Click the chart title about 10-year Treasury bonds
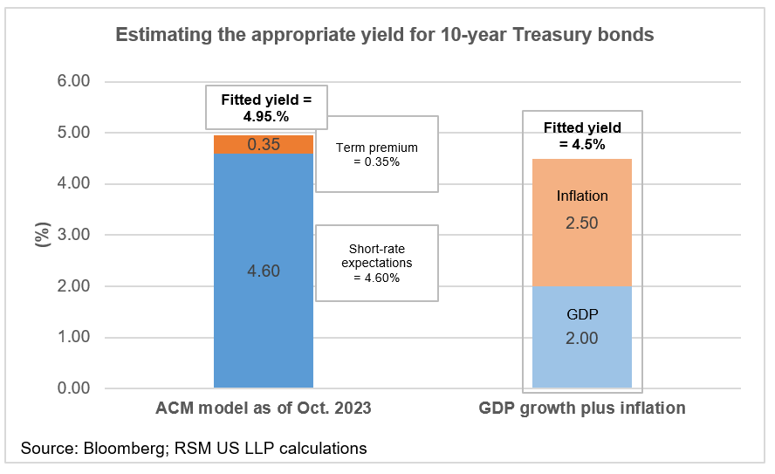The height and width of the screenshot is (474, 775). (385, 36)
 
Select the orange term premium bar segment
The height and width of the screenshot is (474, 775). (263, 145)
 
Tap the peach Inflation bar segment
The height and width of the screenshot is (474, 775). (582, 223)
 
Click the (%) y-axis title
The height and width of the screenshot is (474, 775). (40, 235)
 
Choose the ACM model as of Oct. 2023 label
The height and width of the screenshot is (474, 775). (263, 408)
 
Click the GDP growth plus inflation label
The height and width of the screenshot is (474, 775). (582, 408)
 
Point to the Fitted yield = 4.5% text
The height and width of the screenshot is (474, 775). (582, 137)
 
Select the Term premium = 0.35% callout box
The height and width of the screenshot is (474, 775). (377, 154)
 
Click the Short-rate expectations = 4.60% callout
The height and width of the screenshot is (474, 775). (377, 262)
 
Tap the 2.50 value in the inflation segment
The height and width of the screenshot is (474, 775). (582, 223)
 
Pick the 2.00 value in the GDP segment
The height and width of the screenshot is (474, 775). (582, 339)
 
